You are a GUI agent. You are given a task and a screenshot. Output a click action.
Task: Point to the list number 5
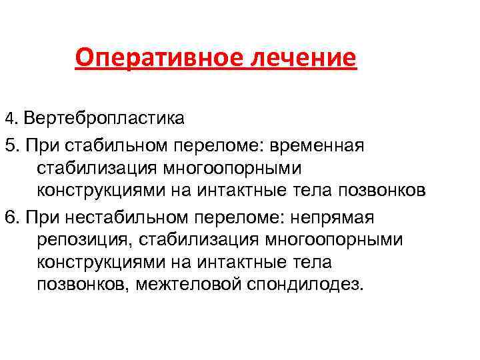click(10, 145)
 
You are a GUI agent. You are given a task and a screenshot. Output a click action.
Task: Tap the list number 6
click(10, 217)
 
